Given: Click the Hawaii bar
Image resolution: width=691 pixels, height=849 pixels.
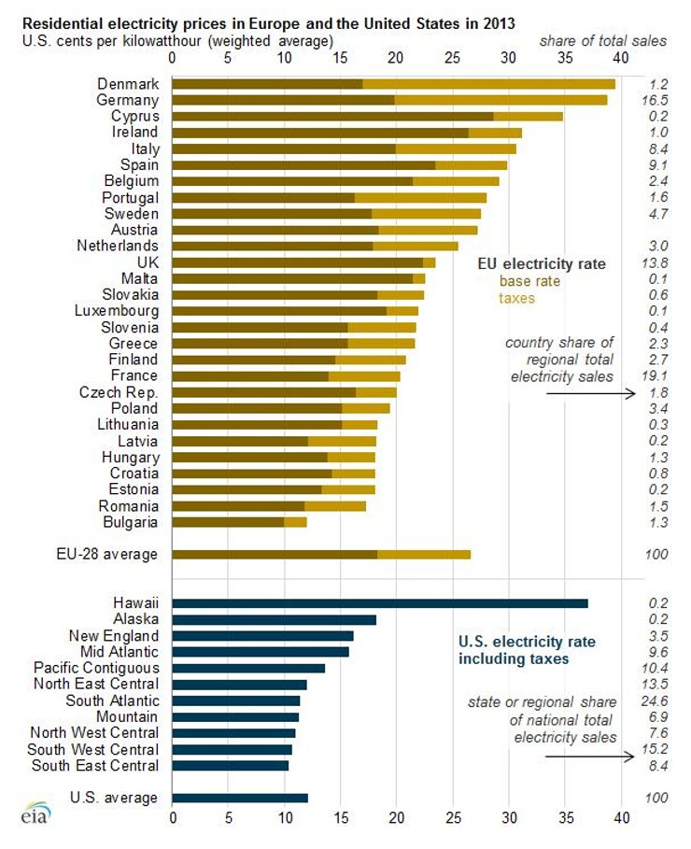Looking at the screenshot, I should (x=380, y=603).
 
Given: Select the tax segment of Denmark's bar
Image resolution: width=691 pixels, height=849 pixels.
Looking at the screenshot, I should (x=488, y=84).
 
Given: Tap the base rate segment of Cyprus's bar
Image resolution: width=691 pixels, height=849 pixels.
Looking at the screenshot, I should (x=332, y=117).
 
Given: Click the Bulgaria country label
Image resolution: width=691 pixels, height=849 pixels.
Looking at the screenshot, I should (x=131, y=522).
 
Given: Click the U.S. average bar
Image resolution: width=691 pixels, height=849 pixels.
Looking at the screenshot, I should (x=240, y=799).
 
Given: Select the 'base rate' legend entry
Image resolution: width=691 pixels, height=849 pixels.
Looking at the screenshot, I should (x=526, y=280).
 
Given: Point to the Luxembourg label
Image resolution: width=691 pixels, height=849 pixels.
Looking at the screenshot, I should (x=116, y=311).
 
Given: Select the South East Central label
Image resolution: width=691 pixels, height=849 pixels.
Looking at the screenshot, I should (x=95, y=766).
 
